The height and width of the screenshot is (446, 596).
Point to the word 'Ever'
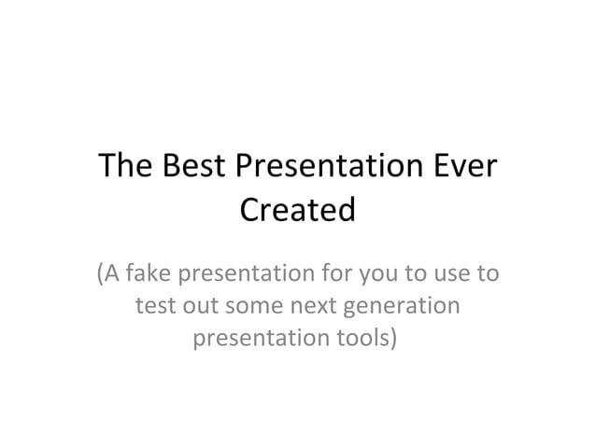pos(463,169)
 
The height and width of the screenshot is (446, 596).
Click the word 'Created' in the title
pos(298,210)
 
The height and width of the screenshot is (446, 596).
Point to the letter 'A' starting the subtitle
pos(111,275)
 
